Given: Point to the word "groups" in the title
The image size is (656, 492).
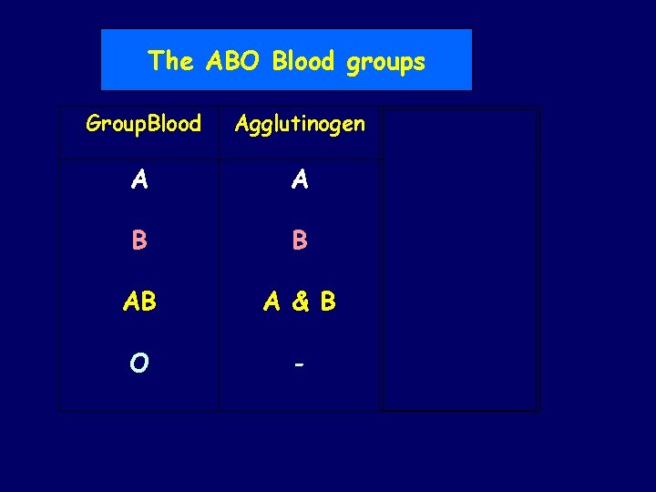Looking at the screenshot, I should tap(386, 62).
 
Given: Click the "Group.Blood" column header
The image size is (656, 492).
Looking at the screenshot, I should tap(143, 124).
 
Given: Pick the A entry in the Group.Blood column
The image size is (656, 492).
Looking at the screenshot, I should tap(139, 180).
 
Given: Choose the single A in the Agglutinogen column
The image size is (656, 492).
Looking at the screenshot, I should tap(300, 180).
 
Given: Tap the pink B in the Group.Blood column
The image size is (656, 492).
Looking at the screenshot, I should tap(139, 241).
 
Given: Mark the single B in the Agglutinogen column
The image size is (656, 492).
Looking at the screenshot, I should tap(300, 241).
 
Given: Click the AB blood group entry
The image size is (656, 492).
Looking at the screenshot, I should tap(139, 302).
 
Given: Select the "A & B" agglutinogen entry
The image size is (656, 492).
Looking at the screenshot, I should tap(300, 302).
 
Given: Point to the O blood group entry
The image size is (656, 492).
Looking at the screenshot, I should tap(139, 363).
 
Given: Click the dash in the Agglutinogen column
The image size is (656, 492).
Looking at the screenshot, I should tap(299, 363).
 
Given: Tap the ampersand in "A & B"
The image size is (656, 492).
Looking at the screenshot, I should tap(299, 302).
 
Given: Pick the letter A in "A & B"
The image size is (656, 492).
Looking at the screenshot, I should tap(272, 302).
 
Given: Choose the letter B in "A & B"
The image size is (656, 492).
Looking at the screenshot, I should tap(327, 302).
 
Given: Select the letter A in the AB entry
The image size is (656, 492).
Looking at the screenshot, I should tap(131, 302).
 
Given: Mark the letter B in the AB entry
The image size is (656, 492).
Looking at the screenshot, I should tap(149, 302).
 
